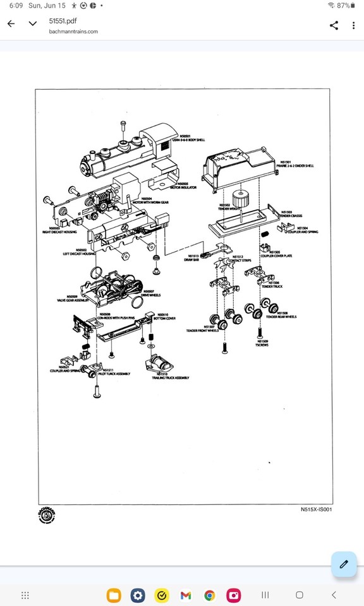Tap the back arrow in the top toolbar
tap(11, 25)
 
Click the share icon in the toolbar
tap(334, 25)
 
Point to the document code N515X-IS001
tap(316, 509)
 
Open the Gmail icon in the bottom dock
tap(186, 595)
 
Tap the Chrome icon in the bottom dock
tap(210, 595)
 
